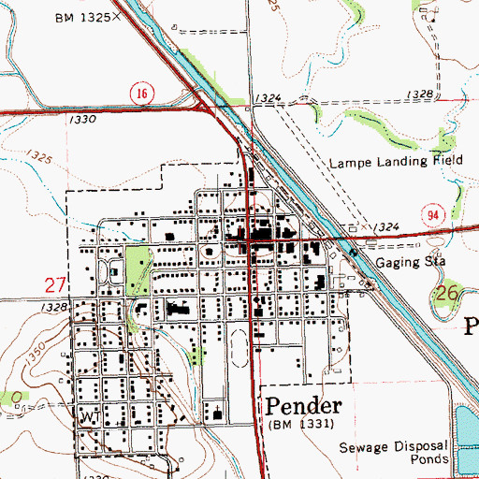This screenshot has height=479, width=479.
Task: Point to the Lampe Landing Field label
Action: (391, 162)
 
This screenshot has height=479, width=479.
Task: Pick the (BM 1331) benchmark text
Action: (298, 425)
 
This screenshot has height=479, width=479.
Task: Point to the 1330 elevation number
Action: (83, 121)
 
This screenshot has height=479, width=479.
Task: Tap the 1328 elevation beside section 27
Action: (55, 307)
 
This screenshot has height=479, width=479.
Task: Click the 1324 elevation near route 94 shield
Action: (386, 227)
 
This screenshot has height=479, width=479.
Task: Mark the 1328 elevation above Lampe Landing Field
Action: (421, 94)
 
